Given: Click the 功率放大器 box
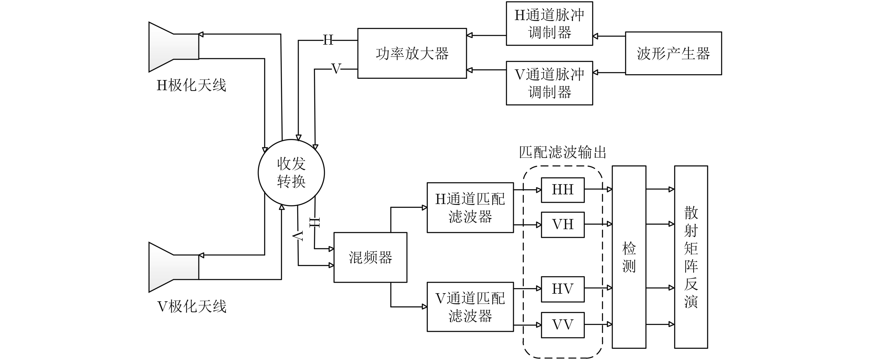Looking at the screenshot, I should (412, 53).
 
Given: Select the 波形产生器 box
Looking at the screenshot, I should (673, 53).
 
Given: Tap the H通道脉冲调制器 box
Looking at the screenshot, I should (549, 24).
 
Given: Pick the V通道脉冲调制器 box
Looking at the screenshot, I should (549, 83).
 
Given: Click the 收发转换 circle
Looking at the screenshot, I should (291, 173).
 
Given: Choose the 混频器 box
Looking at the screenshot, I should (370, 257).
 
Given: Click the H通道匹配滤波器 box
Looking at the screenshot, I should (470, 208).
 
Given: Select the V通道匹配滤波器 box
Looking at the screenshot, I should (470, 307).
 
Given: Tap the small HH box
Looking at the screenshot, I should (563, 190).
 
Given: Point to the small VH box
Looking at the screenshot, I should (563, 225).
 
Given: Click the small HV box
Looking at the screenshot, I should (563, 289).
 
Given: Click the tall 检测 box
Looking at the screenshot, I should (629, 257).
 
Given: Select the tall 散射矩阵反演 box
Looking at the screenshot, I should (691, 257).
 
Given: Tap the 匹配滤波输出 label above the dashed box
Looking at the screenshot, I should (562, 153).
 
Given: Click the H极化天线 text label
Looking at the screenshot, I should (191, 85).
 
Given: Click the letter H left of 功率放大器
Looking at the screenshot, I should (328, 40).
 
